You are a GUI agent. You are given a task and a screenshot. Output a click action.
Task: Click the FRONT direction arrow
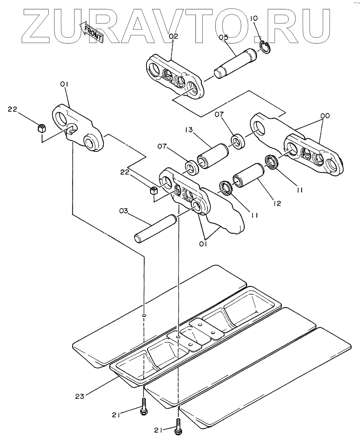tap(91, 32)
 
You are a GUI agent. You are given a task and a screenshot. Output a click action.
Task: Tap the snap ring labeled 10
tap(265, 47)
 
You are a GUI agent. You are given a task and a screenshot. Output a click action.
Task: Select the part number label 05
tap(224, 38)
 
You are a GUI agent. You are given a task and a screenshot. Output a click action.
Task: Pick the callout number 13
tap(189, 130)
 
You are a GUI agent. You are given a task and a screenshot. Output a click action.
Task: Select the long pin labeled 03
tap(156, 229)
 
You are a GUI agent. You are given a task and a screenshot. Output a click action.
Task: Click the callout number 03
tap(123, 211)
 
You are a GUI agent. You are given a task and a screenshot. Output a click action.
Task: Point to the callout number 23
tap(80, 396)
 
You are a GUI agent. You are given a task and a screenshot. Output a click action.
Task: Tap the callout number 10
tap(254, 18)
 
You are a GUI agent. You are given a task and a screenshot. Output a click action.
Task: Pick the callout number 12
tap(277, 203)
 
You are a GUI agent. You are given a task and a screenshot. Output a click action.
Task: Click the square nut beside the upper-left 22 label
tap(42, 128)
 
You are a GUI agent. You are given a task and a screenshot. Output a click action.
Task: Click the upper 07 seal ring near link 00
tap(238, 142)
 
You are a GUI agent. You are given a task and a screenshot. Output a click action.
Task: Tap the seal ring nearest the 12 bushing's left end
tap(226, 188)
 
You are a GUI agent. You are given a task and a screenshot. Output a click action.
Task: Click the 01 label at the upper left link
tap(64, 84)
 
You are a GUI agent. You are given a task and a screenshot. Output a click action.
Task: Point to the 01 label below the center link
tap(203, 244)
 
